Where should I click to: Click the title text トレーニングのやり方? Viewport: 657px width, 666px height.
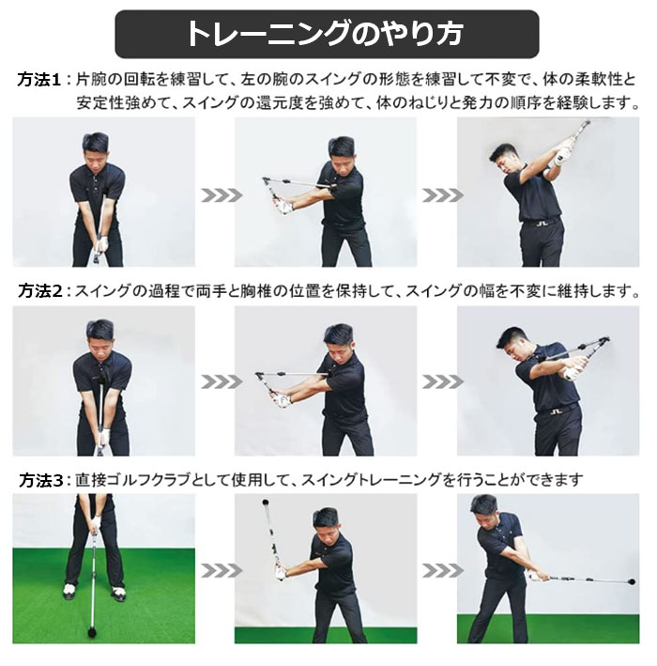pyautogui.click(x=325, y=34)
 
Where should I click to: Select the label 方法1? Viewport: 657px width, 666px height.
pyautogui.click(x=39, y=80)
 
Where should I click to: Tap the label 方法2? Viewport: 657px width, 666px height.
pyautogui.click(x=40, y=291)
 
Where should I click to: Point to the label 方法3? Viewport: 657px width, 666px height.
pyautogui.click(x=41, y=480)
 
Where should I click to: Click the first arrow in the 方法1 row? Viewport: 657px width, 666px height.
pyautogui.click(x=222, y=195)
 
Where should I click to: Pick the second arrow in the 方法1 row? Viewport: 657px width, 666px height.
pyautogui.click(x=443, y=195)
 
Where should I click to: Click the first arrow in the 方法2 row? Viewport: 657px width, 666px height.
pyautogui.click(x=222, y=381)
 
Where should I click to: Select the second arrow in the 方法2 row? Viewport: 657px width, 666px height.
pyautogui.click(x=443, y=381)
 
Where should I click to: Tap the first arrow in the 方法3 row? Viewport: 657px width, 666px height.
pyautogui.click(x=222, y=570)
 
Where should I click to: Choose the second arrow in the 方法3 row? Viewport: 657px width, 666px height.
pyautogui.click(x=443, y=570)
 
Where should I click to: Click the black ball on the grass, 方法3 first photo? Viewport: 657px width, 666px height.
pyautogui.click(x=92, y=632)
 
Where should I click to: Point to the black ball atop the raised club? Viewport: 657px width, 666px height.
pyautogui.click(x=266, y=502)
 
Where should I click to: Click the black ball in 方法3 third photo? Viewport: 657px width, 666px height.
pyautogui.click(x=632, y=581)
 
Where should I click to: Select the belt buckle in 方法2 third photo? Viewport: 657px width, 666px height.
pyautogui.click(x=555, y=410)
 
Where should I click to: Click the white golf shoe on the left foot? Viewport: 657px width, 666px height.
pyautogui.click(x=69, y=591)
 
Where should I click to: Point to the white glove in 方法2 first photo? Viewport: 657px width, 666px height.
pyautogui.click(x=103, y=436)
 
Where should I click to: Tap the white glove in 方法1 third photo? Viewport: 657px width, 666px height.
pyautogui.click(x=562, y=157)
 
